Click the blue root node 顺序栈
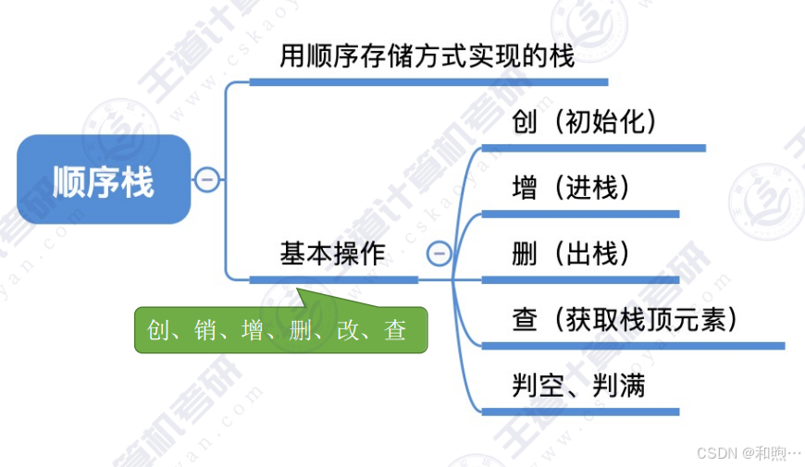click(x=103, y=179)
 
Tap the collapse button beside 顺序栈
click(x=208, y=178)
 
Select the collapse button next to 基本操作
click(x=440, y=252)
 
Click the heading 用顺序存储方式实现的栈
click(x=427, y=57)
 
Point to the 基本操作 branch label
click(x=333, y=253)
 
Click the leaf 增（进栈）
click(x=571, y=189)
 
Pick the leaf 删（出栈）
click(x=571, y=253)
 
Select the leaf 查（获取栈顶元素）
click(x=625, y=320)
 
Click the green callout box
click(x=281, y=330)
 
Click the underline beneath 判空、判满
click(x=581, y=412)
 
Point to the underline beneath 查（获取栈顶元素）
click(x=633, y=346)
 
